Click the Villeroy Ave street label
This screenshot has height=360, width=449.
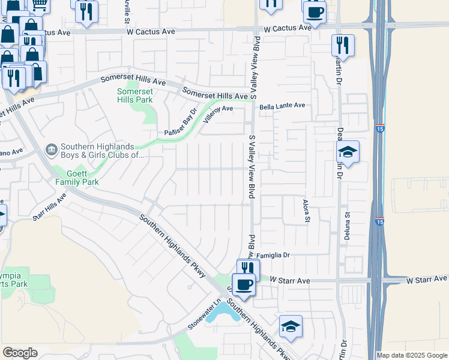pos(217,112)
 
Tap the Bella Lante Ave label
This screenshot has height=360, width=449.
pos(282,106)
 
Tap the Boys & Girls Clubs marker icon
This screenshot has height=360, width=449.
pos(51,149)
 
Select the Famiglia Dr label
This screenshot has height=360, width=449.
pos(273,255)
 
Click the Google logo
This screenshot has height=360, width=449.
pos(20,353)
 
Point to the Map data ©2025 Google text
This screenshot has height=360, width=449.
pos(412,355)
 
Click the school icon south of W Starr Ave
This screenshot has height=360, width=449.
pos(291,326)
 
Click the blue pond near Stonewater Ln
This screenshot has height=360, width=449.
pos(223,313)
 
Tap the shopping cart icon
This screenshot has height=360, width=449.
pos(40,4)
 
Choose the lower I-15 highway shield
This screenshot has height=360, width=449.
pos(379,221)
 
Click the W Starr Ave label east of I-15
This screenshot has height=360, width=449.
pos(427,279)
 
